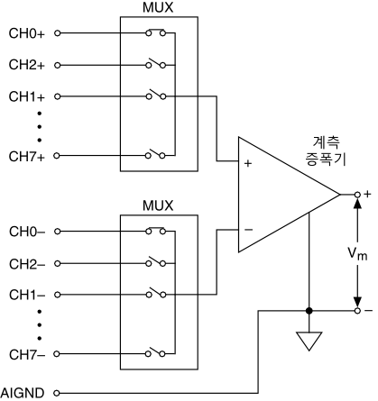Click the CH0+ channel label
coord(27,33)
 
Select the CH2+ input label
coord(27,65)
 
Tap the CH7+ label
coord(27,157)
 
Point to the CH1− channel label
coord(27,295)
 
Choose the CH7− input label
coord(27,355)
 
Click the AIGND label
coord(23,393)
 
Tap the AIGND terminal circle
coord(57,393)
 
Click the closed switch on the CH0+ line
coord(155,32)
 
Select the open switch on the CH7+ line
coord(155,154)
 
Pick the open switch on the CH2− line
coord(155,262)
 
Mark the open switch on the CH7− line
coord(155,352)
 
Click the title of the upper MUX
coord(158,8)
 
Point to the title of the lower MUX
coord(158,205)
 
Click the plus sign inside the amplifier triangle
coord(248,163)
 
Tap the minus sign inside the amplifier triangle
coord(248,230)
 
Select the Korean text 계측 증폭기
coord(327,151)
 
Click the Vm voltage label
coord(357,254)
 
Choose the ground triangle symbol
coord(309,341)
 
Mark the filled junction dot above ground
coord(309,311)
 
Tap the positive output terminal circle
coord(357,195)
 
